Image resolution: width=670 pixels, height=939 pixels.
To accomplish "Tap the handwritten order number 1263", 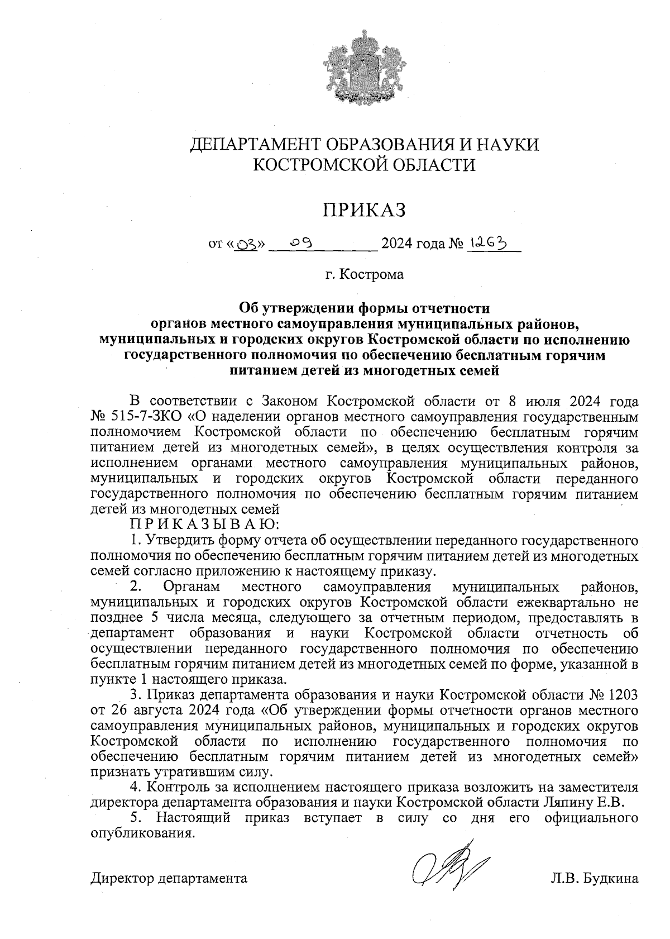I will point(489,242).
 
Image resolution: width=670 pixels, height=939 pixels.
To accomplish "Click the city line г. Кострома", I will point(365,275).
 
